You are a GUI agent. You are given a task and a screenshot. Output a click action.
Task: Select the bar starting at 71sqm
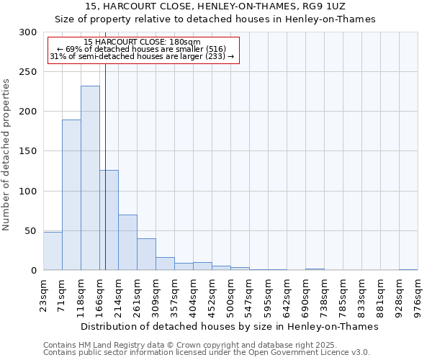click(x=71, y=194)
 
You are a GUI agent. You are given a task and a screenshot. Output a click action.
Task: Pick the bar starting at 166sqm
click(x=109, y=220)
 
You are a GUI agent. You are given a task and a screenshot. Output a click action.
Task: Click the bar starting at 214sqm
click(x=127, y=242)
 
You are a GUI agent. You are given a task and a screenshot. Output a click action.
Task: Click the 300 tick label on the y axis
click(x=28, y=32)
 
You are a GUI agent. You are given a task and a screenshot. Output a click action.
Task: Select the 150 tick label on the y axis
click(x=28, y=151)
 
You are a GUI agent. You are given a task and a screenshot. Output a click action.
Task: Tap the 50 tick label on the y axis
click(x=31, y=231)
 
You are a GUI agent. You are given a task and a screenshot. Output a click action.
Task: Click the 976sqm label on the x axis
click(x=418, y=294)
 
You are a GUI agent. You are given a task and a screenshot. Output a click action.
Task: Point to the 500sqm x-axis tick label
click(x=230, y=294)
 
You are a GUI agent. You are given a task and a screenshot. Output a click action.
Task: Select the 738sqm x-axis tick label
click(x=324, y=294)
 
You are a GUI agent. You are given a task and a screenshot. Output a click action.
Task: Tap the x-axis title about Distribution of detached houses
click(x=229, y=326)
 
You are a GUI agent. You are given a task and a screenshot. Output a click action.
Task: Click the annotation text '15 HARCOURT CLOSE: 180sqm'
click(x=142, y=42)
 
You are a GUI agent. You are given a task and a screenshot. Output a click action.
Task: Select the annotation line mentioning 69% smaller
click(x=142, y=49)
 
